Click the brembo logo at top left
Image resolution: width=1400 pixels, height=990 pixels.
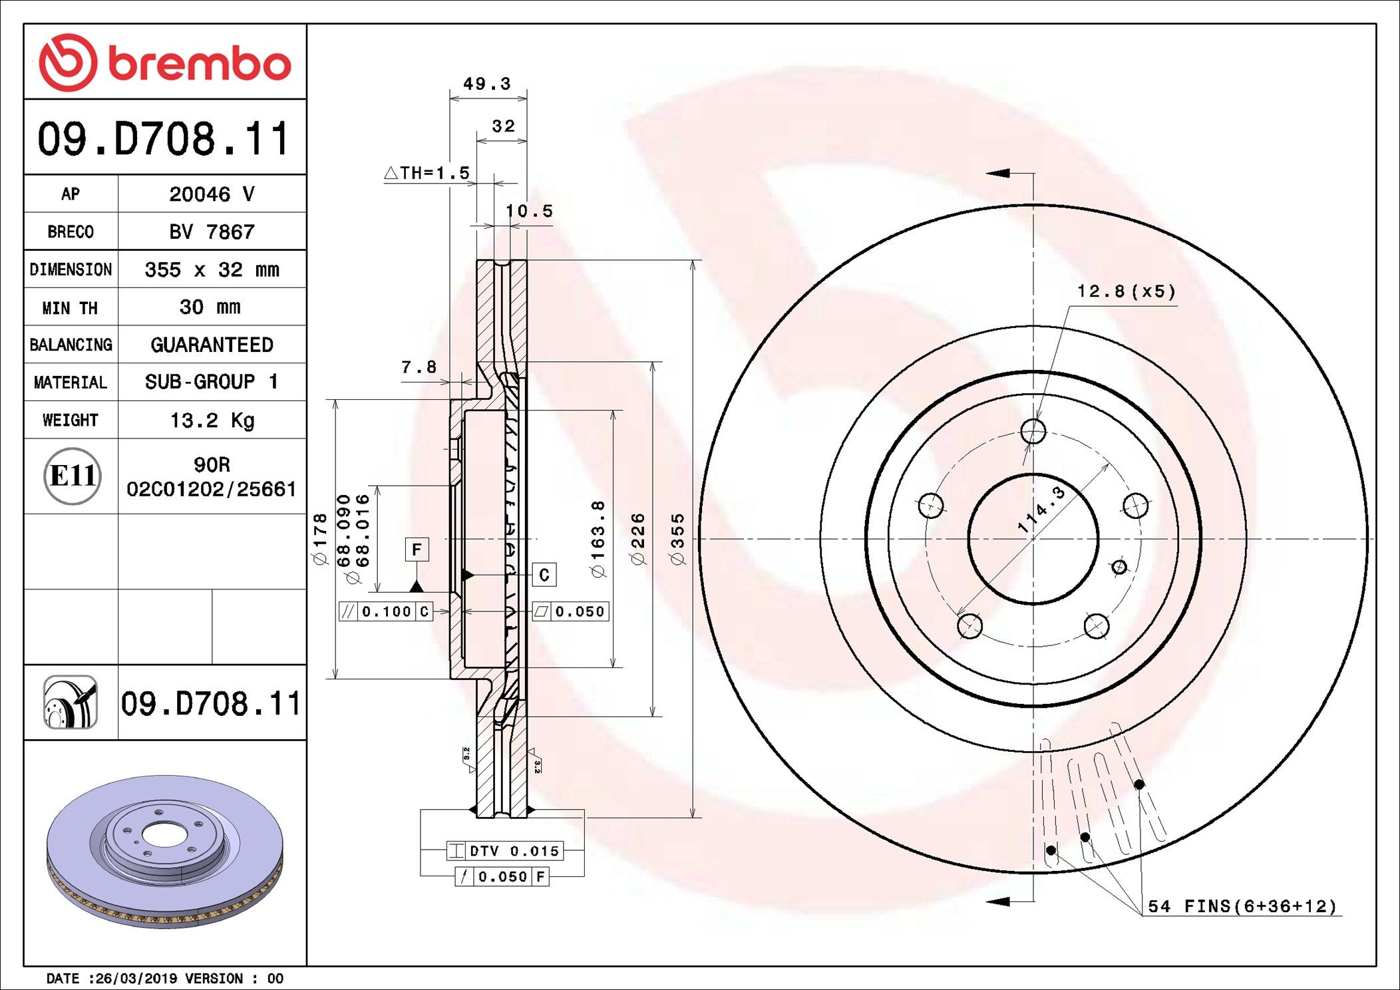pyautogui.click(x=164, y=63)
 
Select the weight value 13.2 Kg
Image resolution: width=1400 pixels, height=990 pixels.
pyautogui.click(x=212, y=420)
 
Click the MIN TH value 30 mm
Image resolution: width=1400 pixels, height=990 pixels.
pyautogui.click(x=210, y=307)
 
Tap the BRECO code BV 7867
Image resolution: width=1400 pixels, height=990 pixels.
pyautogui.click(x=212, y=232)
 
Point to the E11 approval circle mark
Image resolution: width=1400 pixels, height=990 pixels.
pyautogui.click(x=72, y=476)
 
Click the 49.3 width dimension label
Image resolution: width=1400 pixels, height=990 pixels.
pyautogui.click(x=487, y=84)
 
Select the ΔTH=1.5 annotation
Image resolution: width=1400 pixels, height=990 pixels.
pyautogui.click(x=427, y=173)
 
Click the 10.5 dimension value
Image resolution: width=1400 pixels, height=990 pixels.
pyautogui.click(x=529, y=211)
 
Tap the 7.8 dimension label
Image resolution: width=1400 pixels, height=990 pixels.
pyautogui.click(x=419, y=367)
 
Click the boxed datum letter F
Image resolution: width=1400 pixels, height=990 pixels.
pyautogui.click(x=417, y=550)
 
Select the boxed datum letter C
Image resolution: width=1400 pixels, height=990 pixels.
pyautogui.click(x=544, y=575)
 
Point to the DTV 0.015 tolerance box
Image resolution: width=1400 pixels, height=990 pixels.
pyautogui.click(x=505, y=851)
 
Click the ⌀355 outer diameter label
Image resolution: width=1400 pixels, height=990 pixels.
pyautogui.click(x=677, y=540)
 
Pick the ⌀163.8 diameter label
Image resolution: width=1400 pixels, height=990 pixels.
pyautogui.click(x=598, y=539)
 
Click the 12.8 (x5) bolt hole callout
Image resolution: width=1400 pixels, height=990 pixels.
pyautogui.click(x=1126, y=291)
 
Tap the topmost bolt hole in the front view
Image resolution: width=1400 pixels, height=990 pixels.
pyautogui.click(x=1033, y=431)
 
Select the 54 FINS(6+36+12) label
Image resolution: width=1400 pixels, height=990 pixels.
pyautogui.click(x=1242, y=906)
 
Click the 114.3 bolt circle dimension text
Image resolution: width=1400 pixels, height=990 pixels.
pyautogui.click(x=1041, y=510)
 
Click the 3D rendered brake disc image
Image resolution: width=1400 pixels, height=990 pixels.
pyautogui.click(x=164, y=852)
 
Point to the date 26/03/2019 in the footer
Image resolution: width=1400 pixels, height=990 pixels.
pyautogui.click(x=136, y=978)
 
